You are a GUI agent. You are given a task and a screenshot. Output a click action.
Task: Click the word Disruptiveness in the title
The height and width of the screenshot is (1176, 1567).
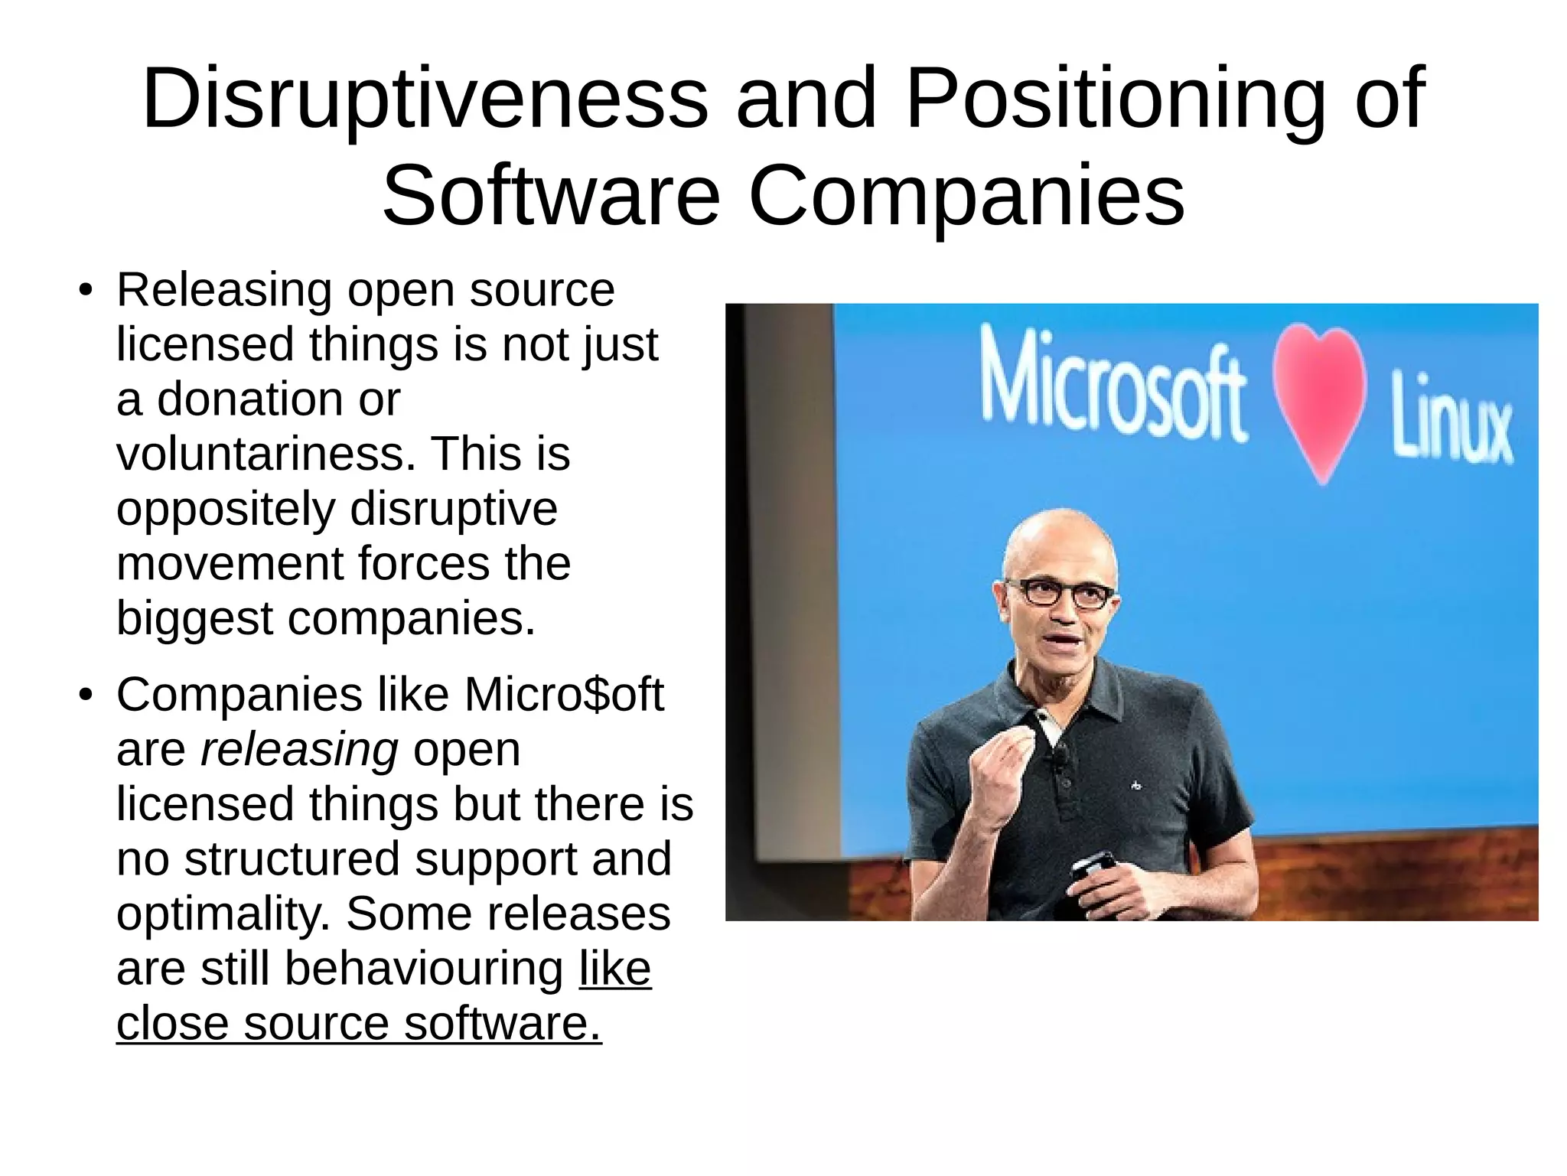(425, 99)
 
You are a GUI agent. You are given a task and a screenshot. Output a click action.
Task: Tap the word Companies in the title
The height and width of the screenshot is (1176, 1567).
(967, 197)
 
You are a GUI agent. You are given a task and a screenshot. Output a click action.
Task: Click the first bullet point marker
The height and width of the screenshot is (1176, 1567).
(86, 292)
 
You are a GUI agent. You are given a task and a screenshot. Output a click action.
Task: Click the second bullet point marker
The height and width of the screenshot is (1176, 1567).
(86, 696)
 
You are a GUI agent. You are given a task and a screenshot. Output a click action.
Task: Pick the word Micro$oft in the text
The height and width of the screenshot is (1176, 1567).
(564, 695)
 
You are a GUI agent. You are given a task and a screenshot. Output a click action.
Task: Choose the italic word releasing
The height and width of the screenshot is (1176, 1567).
(299, 750)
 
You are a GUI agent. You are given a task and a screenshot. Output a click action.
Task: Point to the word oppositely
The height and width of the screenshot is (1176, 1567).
(226, 510)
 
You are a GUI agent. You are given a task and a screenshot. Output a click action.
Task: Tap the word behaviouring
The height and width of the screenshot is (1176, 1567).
(424, 969)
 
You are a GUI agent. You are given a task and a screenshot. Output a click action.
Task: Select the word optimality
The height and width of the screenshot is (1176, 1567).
(223, 914)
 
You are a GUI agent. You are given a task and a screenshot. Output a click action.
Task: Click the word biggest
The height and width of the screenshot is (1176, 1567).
(194, 618)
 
